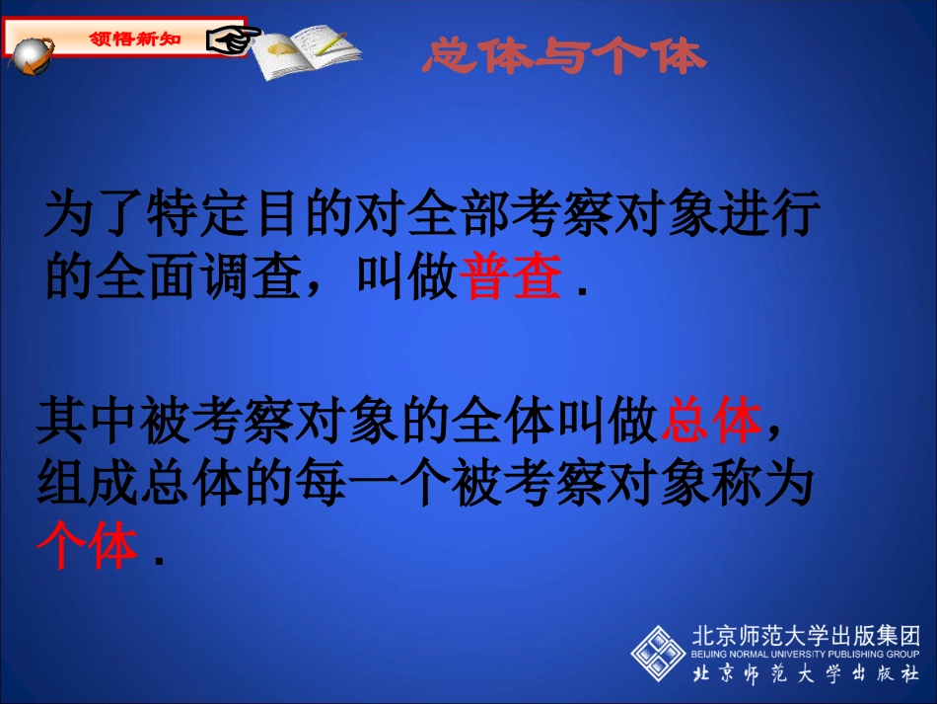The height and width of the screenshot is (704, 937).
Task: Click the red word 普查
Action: click(x=511, y=277)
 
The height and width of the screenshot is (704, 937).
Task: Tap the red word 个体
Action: click(x=87, y=545)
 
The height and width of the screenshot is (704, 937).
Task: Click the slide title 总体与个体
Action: click(x=564, y=56)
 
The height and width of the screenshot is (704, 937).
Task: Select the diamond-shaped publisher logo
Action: click(x=658, y=651)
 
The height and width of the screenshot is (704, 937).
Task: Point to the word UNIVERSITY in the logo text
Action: click(x=796, y=654)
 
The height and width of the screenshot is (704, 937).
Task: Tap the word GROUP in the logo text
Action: click(x=902, y=654)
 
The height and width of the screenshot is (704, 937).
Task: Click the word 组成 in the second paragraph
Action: click(x=87, y=485)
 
